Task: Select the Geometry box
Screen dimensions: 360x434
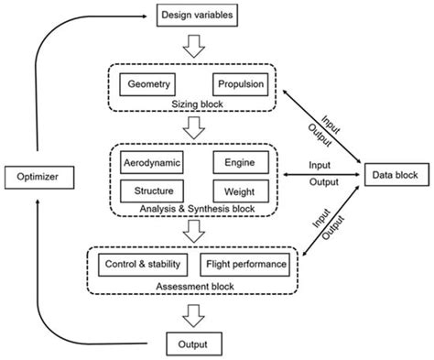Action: point(149,84)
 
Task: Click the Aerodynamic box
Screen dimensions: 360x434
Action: point(151,162)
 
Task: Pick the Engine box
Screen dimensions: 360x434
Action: point(240,162)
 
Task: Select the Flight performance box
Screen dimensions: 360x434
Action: point(243,266)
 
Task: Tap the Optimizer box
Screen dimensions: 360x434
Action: point(37,174)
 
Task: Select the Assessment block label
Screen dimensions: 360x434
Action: point(194,286)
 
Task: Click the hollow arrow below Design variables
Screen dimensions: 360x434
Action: point(194,45)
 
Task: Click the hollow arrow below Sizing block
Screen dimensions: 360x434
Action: point(194,129)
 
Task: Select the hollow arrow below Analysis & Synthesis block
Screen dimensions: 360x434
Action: point(194,235)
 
